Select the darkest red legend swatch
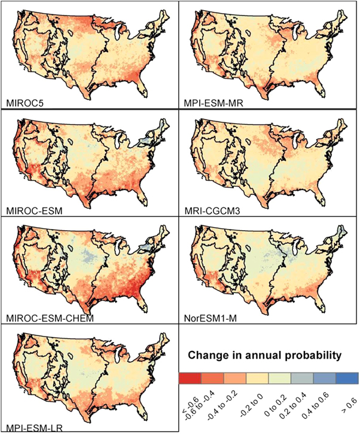(190, 378)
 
